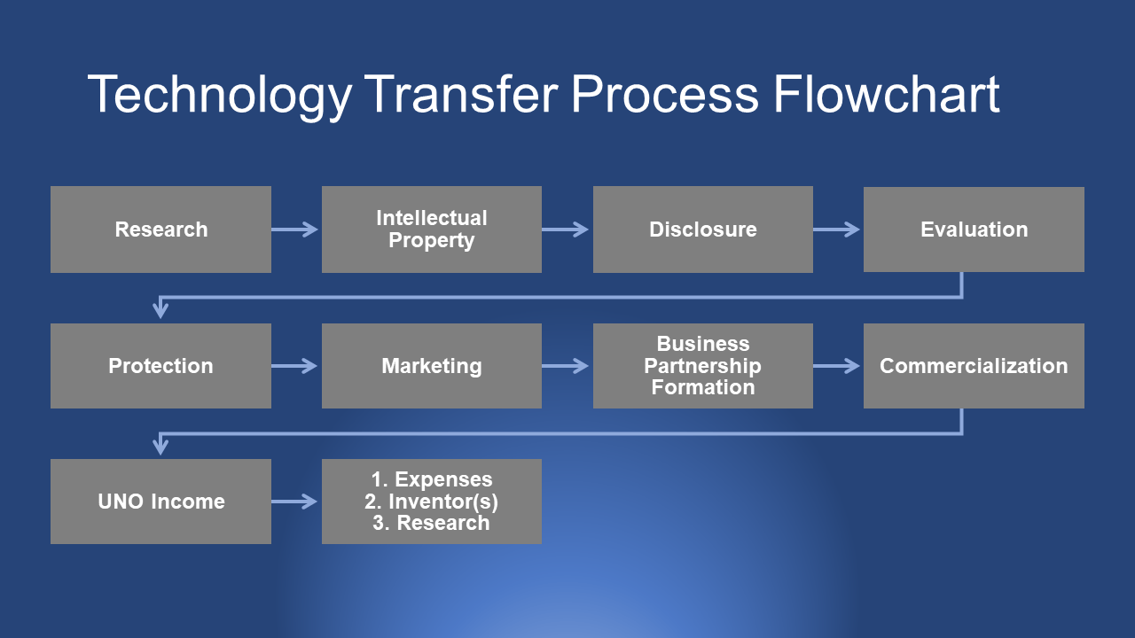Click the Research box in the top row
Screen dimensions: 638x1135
click(160, 230)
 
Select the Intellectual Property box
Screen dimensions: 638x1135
click(431, 230)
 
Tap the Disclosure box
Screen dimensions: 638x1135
click(702, 230)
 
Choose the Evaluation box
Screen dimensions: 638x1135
click(974, 230)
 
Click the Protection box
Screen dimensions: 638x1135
click(160, 366)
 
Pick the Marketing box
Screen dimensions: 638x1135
click(431, 366)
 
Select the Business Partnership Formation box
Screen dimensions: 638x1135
click(702, 366)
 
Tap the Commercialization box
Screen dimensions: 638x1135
click(974, 366)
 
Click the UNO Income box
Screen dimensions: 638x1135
click(160, 502)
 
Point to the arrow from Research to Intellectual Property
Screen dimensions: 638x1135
click(295, 230)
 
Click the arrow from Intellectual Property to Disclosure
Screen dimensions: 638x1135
click(567, 230)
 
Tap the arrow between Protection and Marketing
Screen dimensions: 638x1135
click(295, 366)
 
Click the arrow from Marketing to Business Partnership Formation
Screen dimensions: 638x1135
click(567, 366)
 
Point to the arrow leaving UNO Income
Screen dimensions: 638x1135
click(295, 502)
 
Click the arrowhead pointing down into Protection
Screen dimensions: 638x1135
click(160, 310)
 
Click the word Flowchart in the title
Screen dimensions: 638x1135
click(887, 94)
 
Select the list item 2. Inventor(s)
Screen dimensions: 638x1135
click(431, 502)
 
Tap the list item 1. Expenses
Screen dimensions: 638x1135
click(431, 480)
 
